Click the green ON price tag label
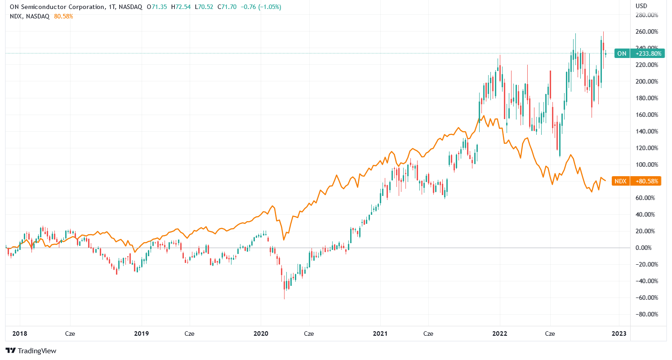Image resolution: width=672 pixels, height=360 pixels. (622, 53)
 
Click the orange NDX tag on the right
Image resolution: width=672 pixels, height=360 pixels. (620, 181)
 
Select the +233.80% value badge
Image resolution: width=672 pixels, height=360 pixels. (648, 53)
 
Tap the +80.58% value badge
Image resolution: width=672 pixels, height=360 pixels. (648, 181)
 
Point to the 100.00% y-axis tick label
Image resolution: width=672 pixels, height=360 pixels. (647, 164)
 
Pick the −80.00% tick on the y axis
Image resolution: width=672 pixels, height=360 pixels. (647, 314)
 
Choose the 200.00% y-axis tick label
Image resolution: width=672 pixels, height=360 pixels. (647, 81)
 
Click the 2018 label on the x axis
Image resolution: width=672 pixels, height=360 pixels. (19, 334)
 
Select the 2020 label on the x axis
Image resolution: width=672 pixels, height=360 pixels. (261, 334)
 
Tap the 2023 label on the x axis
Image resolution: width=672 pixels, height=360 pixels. (619, 334)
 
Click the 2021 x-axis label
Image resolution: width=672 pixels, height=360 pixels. (380, 334)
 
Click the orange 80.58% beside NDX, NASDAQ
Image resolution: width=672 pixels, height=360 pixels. (63, 16)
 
